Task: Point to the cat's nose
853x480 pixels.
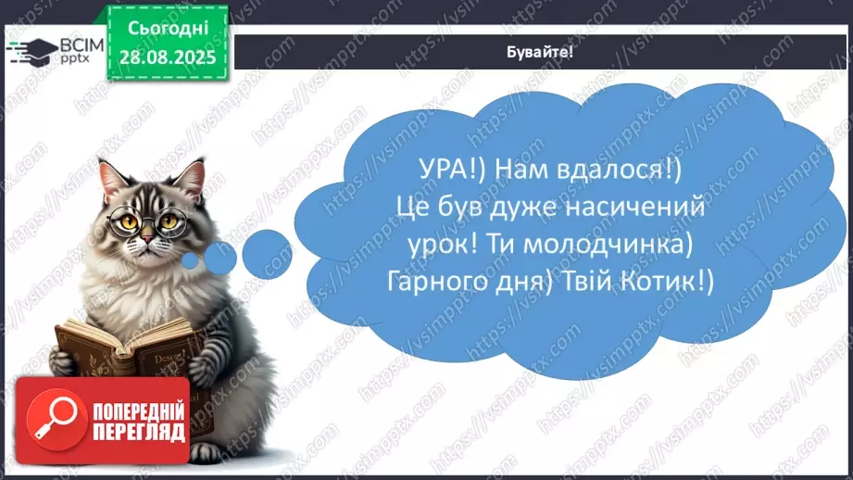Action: (x=147, y=239)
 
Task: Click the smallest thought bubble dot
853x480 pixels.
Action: (x=191, y=261)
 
